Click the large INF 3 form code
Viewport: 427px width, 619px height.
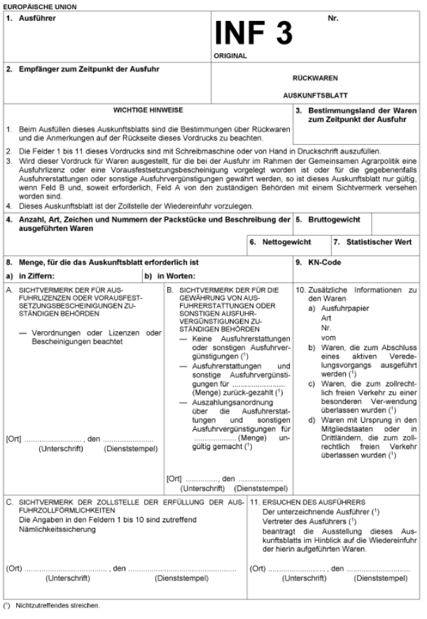tap(255, 32)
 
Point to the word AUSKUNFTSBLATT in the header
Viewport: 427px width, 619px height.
tap(314, 95)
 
